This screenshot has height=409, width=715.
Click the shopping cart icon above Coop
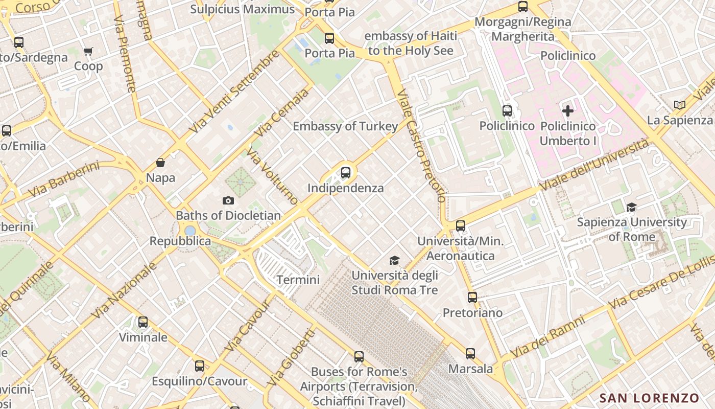[88, 51]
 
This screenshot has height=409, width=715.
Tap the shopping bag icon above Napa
[160, 163]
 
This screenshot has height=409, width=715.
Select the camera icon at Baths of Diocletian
[228, 201]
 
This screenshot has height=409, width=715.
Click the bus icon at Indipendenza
[346, 173]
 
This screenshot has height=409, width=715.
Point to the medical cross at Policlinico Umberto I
[567, 110]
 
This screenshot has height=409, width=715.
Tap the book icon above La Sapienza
[679, 105]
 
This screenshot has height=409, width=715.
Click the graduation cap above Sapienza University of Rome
[632, 207]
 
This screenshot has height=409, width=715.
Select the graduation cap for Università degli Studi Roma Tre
[394, 261]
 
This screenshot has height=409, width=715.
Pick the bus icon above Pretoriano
[472, 297]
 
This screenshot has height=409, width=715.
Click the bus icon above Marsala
[470, 353]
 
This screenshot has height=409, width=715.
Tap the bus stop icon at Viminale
[143, 322]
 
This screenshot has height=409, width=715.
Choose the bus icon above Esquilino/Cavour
[200, 366]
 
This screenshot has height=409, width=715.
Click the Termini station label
[298, 280]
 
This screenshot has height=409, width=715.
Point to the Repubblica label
[180, 241]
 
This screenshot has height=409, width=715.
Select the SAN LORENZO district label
[649, 398]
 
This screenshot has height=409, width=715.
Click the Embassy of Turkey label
[345, 126]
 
